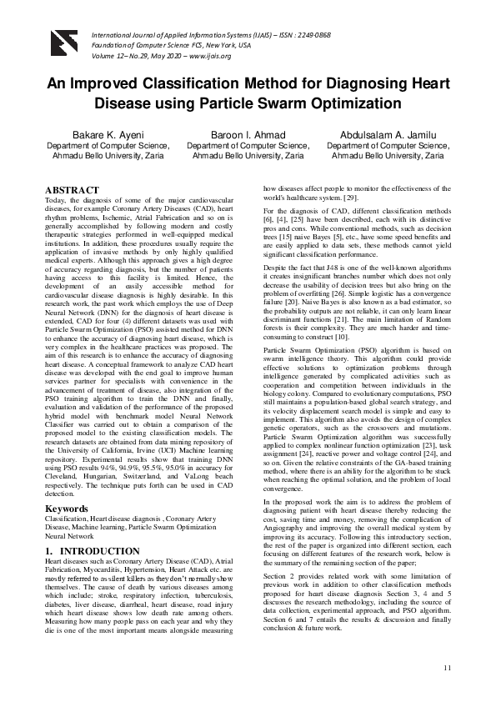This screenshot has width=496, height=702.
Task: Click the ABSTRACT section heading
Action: [73, 190]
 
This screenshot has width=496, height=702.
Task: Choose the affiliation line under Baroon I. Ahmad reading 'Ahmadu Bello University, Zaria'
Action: [248, 155]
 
